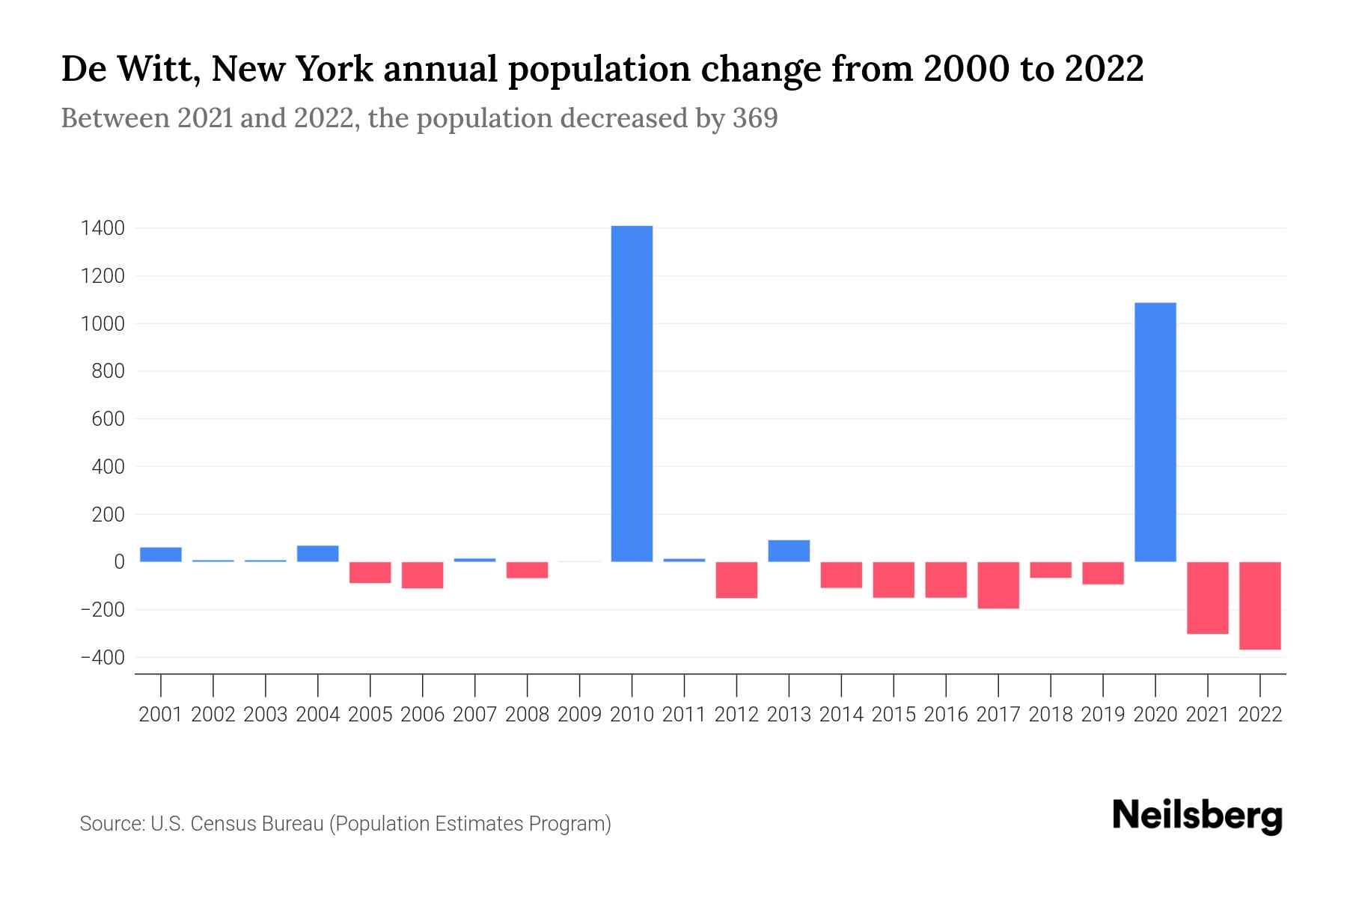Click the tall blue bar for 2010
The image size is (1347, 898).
click(632, 394)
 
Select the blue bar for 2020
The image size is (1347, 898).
click(1155, 432)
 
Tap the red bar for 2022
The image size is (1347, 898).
click(1260, 605)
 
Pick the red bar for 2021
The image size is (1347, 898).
click(1208, 598)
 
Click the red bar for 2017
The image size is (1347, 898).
click(998, 585)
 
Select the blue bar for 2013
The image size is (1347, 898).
click(789, 551)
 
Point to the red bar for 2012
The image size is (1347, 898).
click(736, 580)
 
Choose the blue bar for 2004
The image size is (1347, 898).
click(318, 554)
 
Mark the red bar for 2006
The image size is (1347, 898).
click(423, 575)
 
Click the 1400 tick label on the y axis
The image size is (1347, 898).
click(103, 228)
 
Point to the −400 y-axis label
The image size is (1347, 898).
click(103, 658)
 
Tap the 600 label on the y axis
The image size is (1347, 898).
click(109, 419)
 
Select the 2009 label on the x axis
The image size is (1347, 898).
click(579, 715)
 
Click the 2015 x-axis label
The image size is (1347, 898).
click(894, 715)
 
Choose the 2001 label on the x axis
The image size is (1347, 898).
click(161, 715)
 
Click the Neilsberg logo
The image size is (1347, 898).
click(1197, 816)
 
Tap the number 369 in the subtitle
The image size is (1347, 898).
click(755, 118)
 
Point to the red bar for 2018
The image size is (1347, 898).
click(1051, 570)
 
